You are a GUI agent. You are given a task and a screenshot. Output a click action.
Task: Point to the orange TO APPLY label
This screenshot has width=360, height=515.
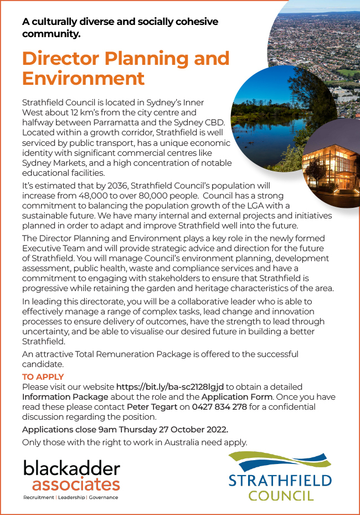click(x=43, y=377)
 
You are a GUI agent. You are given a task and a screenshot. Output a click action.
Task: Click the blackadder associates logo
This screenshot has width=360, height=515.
click(x=71, y=477)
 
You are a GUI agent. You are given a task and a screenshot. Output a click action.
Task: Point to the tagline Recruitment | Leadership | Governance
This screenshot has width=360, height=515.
click(x=70, y=497)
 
